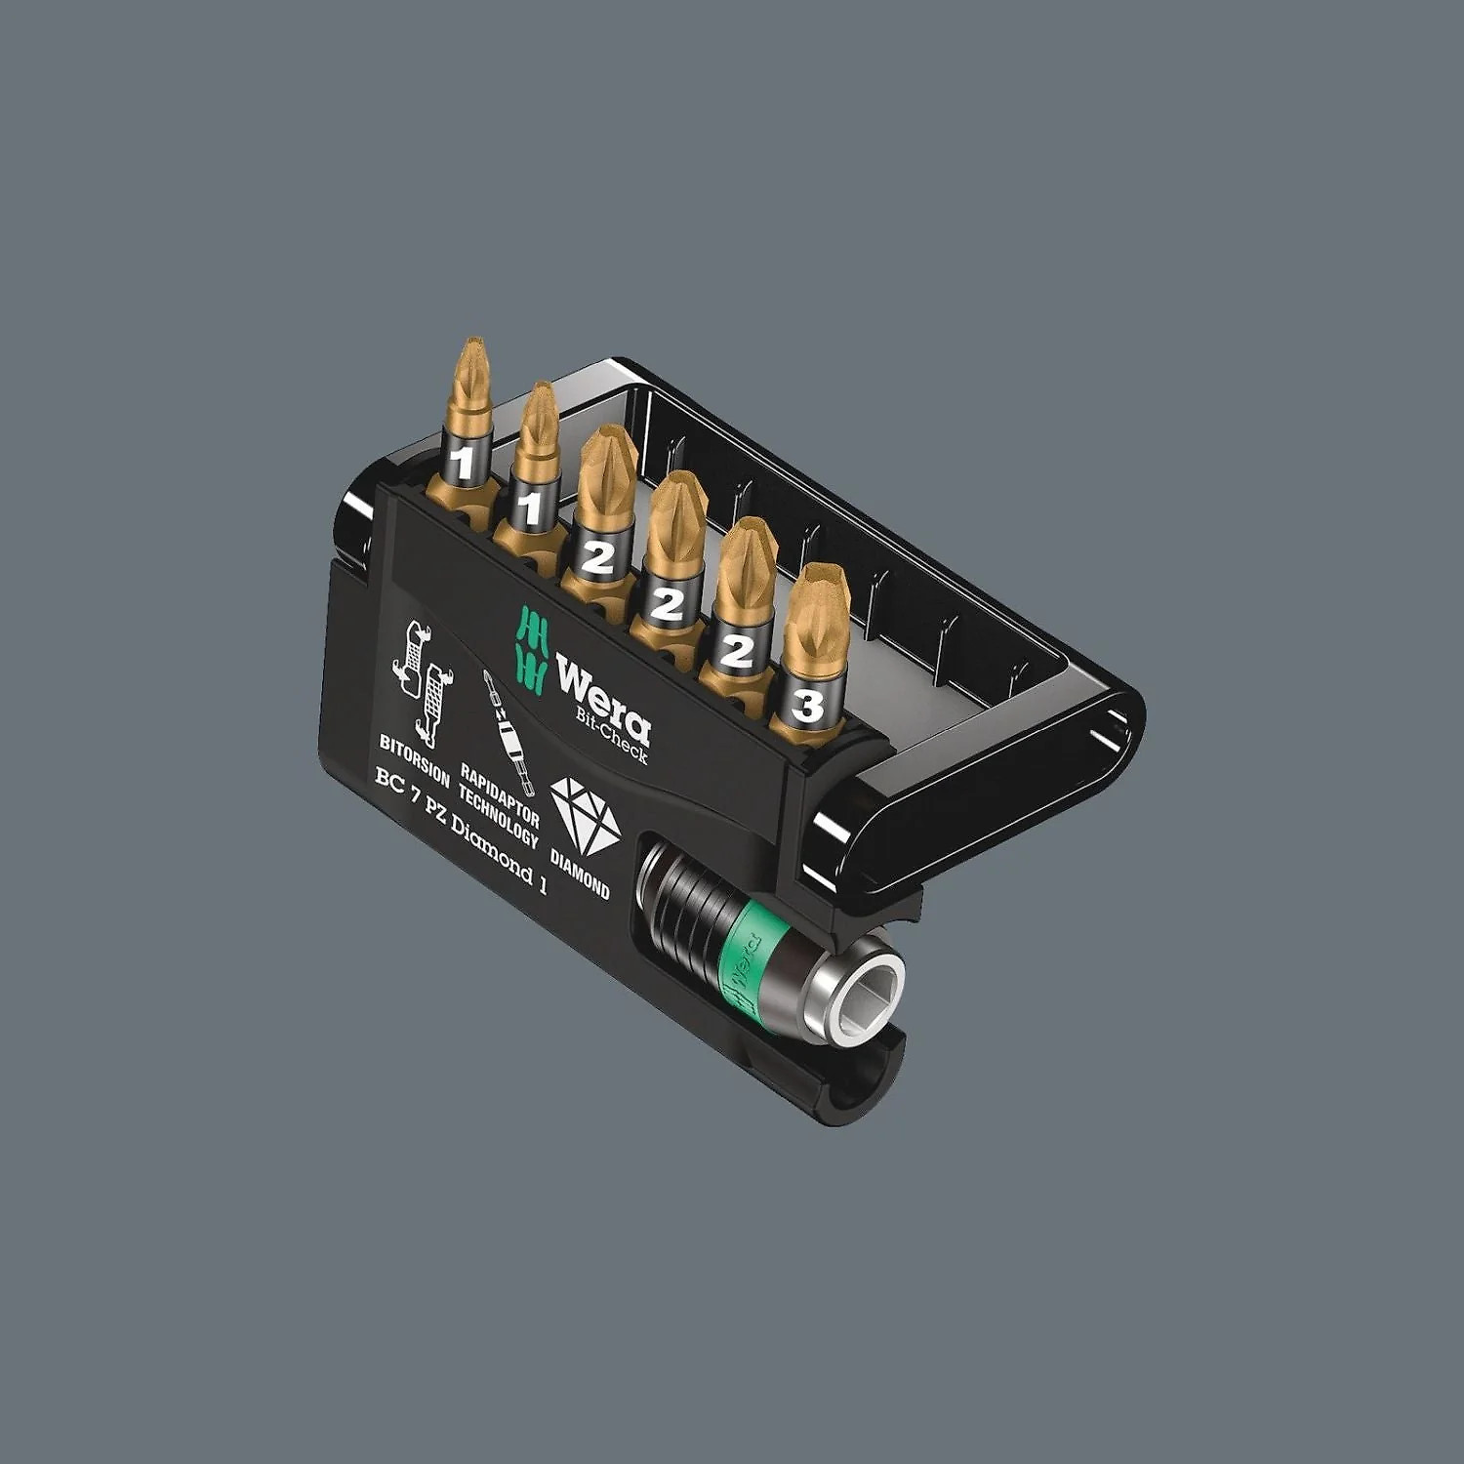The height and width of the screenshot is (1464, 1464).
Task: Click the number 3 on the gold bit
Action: [807, 705]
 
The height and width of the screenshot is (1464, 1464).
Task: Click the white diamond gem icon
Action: [585, 813]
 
